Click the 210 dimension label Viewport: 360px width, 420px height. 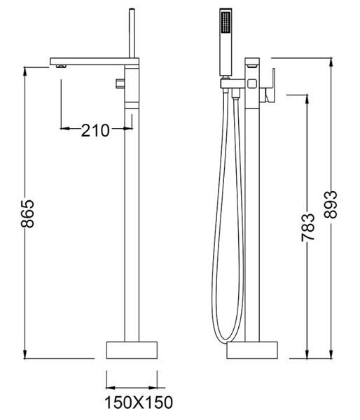[95, 130]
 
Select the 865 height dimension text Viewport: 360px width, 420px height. [27, 213]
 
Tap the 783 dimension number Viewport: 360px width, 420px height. [307, 227]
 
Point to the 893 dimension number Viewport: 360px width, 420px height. [330, 204]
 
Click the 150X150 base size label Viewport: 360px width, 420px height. [139, 402]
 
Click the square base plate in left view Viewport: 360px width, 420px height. [132, 350]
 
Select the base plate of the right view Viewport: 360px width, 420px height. [252, 350]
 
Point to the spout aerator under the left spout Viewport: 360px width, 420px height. [61, 66]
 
